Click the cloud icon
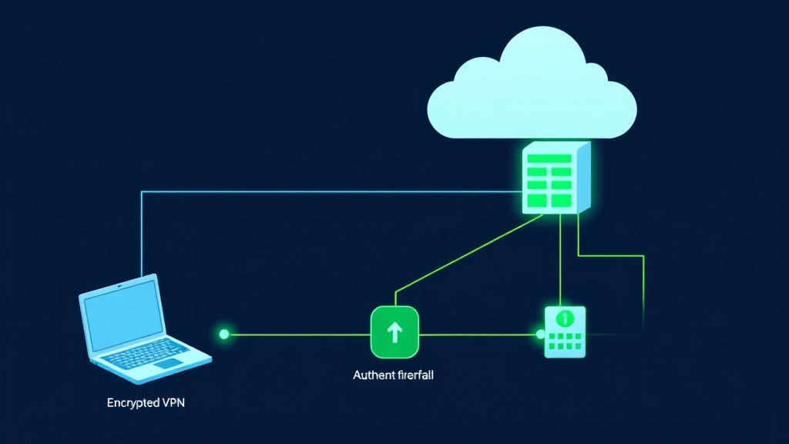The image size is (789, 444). (532, 92)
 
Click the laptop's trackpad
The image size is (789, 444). (171, 362)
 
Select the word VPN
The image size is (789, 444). (174, 402)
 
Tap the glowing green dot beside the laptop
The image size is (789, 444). (224, 334)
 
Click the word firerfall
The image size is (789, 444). (417, 376)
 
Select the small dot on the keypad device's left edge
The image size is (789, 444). (541, 335)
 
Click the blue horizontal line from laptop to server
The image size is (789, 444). (308, 192)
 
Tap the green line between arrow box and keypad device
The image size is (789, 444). (478, 335)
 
